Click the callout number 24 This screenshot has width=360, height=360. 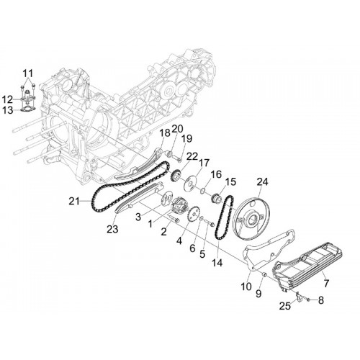(262, 182)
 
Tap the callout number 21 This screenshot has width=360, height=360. (74, 201)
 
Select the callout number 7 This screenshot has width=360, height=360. (326, 283)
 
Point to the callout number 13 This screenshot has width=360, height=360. (8, 111)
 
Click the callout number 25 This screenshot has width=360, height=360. (285, 306)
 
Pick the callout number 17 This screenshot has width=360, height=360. (204, 163)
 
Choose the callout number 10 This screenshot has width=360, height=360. (246, 286)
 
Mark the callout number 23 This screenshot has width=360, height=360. (112, 229)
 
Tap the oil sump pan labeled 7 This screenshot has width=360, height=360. (308, 266)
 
